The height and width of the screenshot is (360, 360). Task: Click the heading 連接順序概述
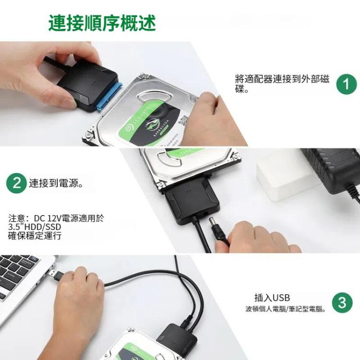coord(102,23)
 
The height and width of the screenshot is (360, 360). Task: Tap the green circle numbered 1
coord(346,84)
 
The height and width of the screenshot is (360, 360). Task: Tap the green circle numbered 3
coord(342,303)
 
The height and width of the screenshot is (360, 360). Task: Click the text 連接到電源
coord(57,183)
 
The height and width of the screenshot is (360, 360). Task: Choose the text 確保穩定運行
coord(35,235)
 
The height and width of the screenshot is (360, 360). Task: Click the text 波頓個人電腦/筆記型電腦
coord(285,309)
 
